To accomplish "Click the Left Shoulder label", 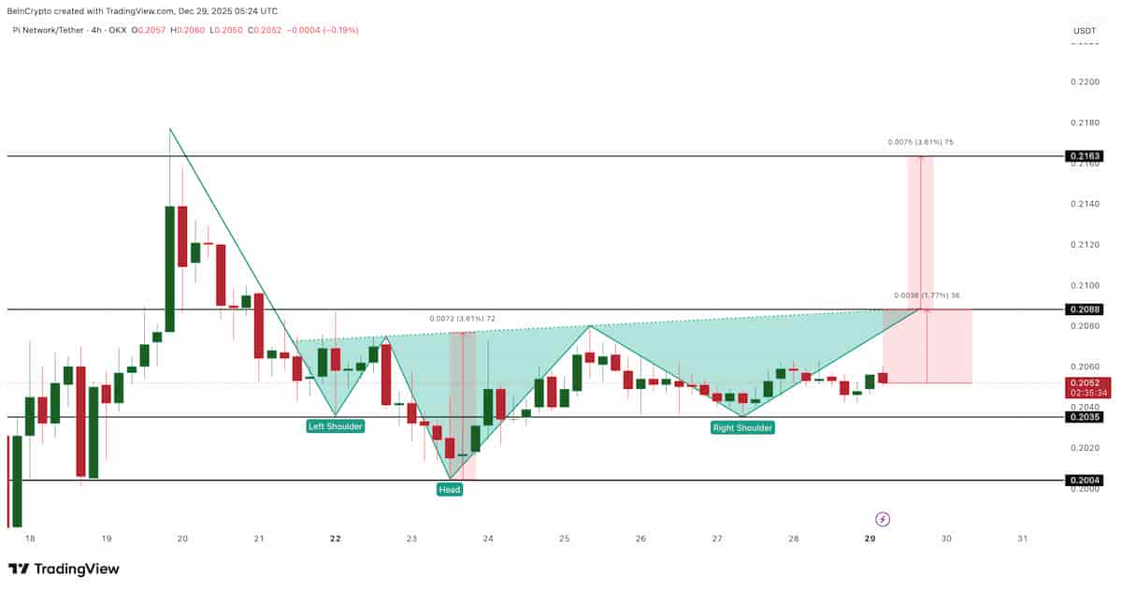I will click(x=335, y=426).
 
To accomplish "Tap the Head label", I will click(x=450, y=489).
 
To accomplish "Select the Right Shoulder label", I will click(x=742, y=427).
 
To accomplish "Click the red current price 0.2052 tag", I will click(x=1087, y=383).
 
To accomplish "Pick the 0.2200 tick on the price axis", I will click(x=1085, y=82).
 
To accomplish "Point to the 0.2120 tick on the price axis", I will click(x=1085, y=245).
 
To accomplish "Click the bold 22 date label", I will click(x=335, y=539).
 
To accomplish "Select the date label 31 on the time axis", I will click(x=1022, y=539).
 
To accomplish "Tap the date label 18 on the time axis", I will click(x=30, y=539).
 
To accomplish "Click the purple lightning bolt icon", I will click(x=882, y=518).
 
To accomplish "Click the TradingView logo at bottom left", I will click(x=64, y=568).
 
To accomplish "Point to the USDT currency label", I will click(x=1085, y=31).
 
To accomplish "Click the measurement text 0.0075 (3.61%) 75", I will click(x=920, y=142).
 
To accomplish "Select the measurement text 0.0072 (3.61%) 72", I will click(x=462, y=319).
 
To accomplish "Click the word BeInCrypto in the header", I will click(x=32, y=11).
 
